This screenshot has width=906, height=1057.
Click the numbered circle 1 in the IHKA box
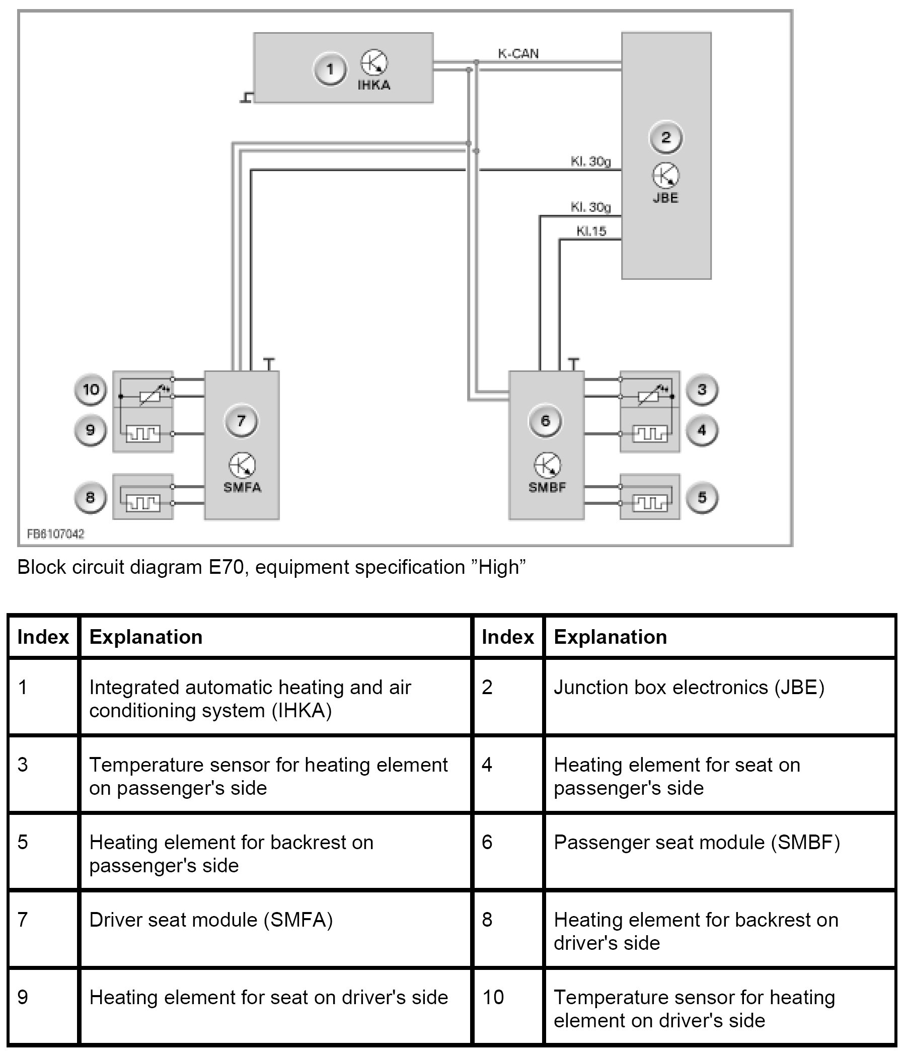(x=330, y=69)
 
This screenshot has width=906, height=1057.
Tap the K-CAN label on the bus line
(x=518, y=53)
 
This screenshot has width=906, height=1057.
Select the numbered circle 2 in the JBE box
(x=665, y=137)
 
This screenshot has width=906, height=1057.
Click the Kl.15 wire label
(x=591, y=231)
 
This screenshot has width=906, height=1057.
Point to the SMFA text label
(x=242, y=487)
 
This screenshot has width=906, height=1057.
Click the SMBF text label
(x=547, y=487)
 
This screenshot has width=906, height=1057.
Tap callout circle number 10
(x=91, y=390)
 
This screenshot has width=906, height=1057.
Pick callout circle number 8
(x=90, y=497)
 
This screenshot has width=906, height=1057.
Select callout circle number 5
(x=702, y=497)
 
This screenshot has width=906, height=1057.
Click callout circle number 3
(x=702, y=390)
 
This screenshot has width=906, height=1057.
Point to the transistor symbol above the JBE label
(x=665, y=176)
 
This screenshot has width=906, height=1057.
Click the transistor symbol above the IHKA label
(x=374, y=63)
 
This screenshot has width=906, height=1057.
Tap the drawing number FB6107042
(x=55, y=534)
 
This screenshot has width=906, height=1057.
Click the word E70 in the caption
(x=225, y=567)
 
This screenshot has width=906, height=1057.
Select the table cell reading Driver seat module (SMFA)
(x=211, y=920)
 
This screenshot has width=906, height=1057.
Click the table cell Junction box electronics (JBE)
(x=689, y=687)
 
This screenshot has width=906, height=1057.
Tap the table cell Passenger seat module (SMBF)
(x=696, y=842)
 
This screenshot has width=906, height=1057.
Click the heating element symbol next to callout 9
(x=143, y=433)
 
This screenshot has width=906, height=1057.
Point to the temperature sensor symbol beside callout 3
(x=649, y=396)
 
